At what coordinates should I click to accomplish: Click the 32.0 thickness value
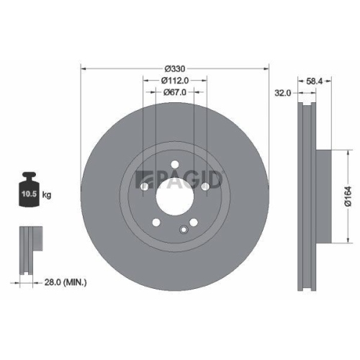coord(282,92)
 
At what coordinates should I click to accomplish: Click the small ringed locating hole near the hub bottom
coord(184,230)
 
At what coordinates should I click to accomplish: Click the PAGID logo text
coord(189,177)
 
